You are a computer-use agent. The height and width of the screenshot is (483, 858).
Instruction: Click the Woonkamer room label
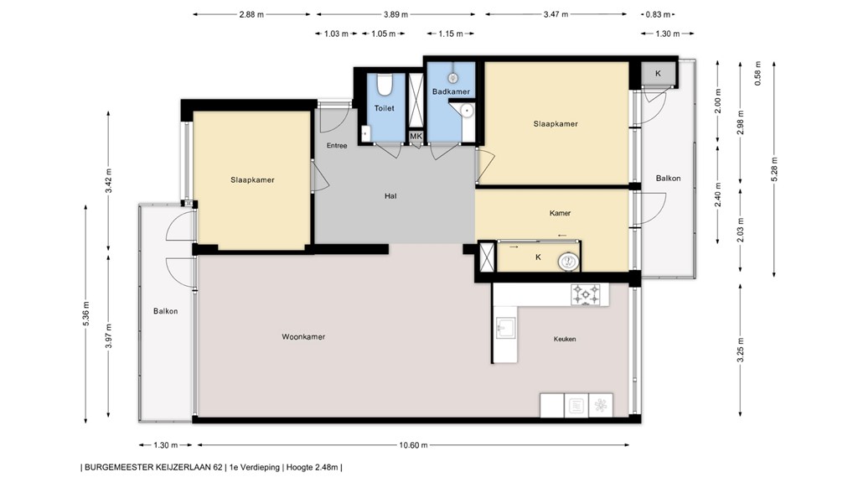pos(303,336)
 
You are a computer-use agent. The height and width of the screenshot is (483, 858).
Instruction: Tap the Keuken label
pos(565,339)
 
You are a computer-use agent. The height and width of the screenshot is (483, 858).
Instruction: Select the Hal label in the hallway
pos(390,196)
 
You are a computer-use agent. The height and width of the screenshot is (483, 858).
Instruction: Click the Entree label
pos(337,146)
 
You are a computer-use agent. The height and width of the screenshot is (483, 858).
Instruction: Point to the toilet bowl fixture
pos(385,86)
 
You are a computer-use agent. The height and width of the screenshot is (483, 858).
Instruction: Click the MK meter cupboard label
pos(416,136)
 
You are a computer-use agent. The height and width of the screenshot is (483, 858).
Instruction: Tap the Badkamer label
pos(451,91)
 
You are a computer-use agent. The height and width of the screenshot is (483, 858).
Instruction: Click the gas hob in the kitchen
pos(586,294)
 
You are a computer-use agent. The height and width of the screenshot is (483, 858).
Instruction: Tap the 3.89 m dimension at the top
pos(396,14)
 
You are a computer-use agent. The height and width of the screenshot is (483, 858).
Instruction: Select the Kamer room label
pos(560,213)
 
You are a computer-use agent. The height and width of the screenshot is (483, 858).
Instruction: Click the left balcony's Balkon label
pos(165,311)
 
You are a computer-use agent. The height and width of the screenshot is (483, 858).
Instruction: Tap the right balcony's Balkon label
pos(668,178)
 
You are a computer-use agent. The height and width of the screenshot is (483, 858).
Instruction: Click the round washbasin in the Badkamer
pos(468,111)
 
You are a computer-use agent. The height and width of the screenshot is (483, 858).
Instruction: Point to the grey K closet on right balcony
pos(658,74)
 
